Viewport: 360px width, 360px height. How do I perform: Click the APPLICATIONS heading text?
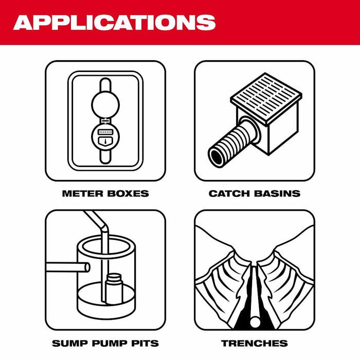[114, 22]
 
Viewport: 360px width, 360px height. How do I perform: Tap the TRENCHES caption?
[254, 343]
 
